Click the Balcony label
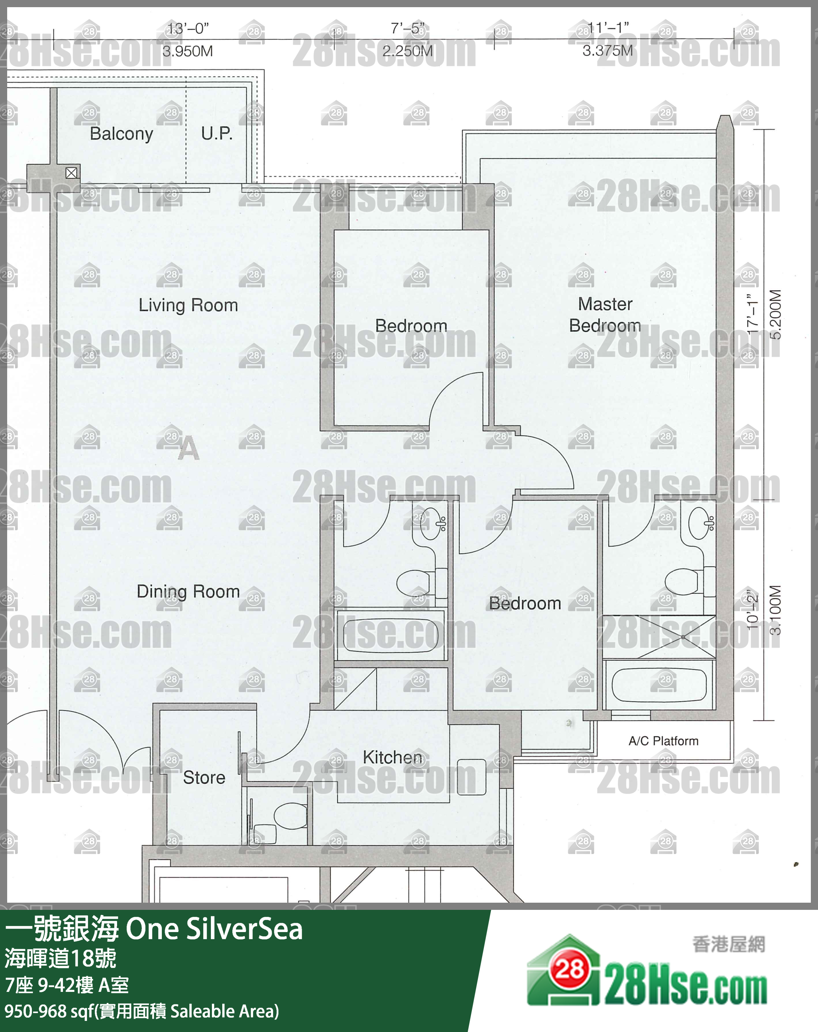121,134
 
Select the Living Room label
188,305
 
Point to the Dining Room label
188,592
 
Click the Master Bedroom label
605,315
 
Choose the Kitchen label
393,757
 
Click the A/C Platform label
663,741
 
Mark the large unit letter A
188,448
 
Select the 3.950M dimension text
188,51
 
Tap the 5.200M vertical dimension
775,314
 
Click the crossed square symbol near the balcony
72,173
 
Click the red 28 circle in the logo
569,970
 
